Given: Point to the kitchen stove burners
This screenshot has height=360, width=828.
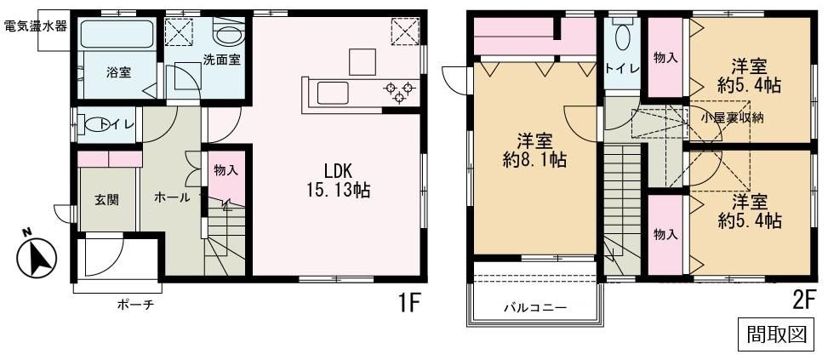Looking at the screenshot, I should pyautogui.click(x=398, y=90).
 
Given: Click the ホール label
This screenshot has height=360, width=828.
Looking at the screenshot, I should pyautogui.click(x=172, y=197).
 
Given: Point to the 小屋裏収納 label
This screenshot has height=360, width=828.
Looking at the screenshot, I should pyautogui.click(x=732, y=118).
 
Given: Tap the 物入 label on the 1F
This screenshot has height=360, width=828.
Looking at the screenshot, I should pyautogui.click(x=226, y=170).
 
